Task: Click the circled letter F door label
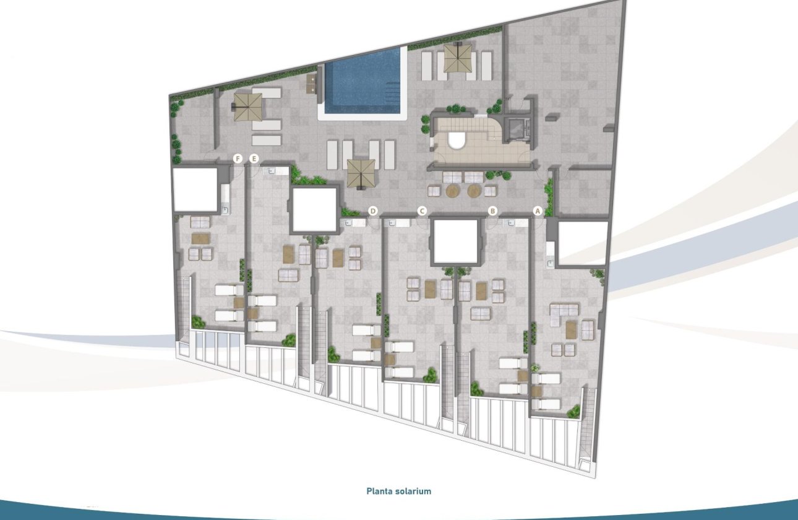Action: pos(237,159)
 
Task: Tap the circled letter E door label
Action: pos(254,159)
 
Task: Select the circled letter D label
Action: pos(373,211)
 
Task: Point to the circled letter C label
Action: pos(422,211)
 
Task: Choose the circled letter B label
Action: pos(492,211)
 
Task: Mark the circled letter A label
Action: pos(538,211)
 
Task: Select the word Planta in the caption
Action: pos(377,492)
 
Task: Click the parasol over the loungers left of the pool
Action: pos(247,106)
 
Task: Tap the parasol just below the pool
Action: pos(361,173)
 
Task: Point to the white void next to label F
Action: pos(194,189)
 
